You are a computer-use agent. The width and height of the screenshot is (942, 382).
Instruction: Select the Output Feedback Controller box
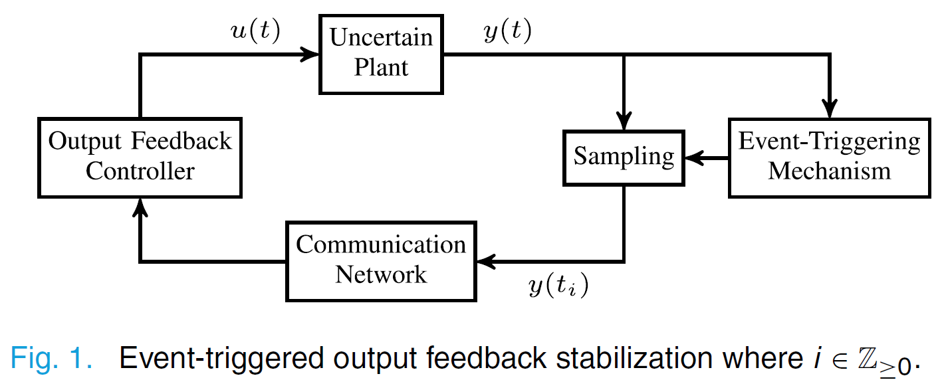140,157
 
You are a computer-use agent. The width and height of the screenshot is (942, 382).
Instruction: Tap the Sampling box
624,157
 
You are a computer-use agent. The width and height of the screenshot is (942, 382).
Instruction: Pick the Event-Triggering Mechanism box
829,157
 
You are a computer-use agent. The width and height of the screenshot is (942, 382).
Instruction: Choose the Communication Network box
381,260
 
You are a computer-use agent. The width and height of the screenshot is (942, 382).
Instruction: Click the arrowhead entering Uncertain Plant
312,55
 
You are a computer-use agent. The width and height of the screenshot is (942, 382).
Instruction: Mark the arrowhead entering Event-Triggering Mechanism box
829,110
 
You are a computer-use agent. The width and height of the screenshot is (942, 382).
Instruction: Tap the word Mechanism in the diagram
829,171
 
